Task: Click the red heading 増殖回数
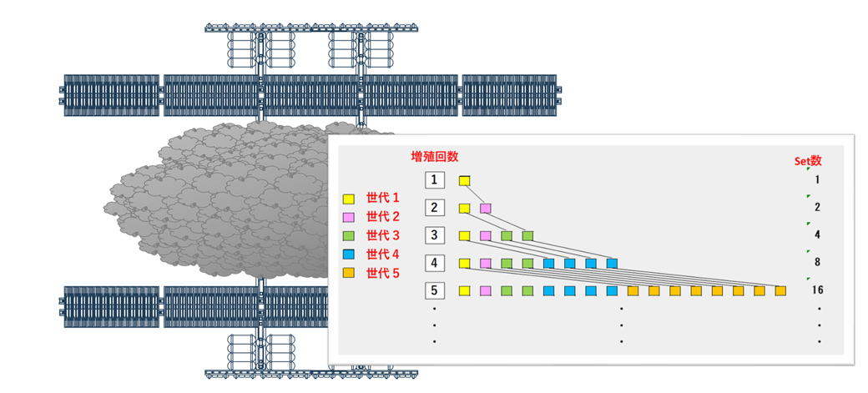(435, 156)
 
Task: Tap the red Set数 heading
(809, 160)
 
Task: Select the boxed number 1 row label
(434, 179)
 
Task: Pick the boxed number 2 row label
(434, 207)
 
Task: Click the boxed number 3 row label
(434, 235)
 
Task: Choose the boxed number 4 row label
(434, 263)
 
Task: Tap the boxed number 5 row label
(434, 291)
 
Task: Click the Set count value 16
(818, 291)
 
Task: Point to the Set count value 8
(818, 263)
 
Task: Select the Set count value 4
(818, 235)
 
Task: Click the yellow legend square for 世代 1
(351, 199)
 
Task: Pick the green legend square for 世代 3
(351, 236)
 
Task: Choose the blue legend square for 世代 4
(351, 254)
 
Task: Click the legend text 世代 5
(384, 272)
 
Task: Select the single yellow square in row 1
(465, 180)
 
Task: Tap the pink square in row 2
(486, 208)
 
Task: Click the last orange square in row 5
(780, 291)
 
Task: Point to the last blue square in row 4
(612, 264)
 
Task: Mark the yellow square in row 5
(465, 291)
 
